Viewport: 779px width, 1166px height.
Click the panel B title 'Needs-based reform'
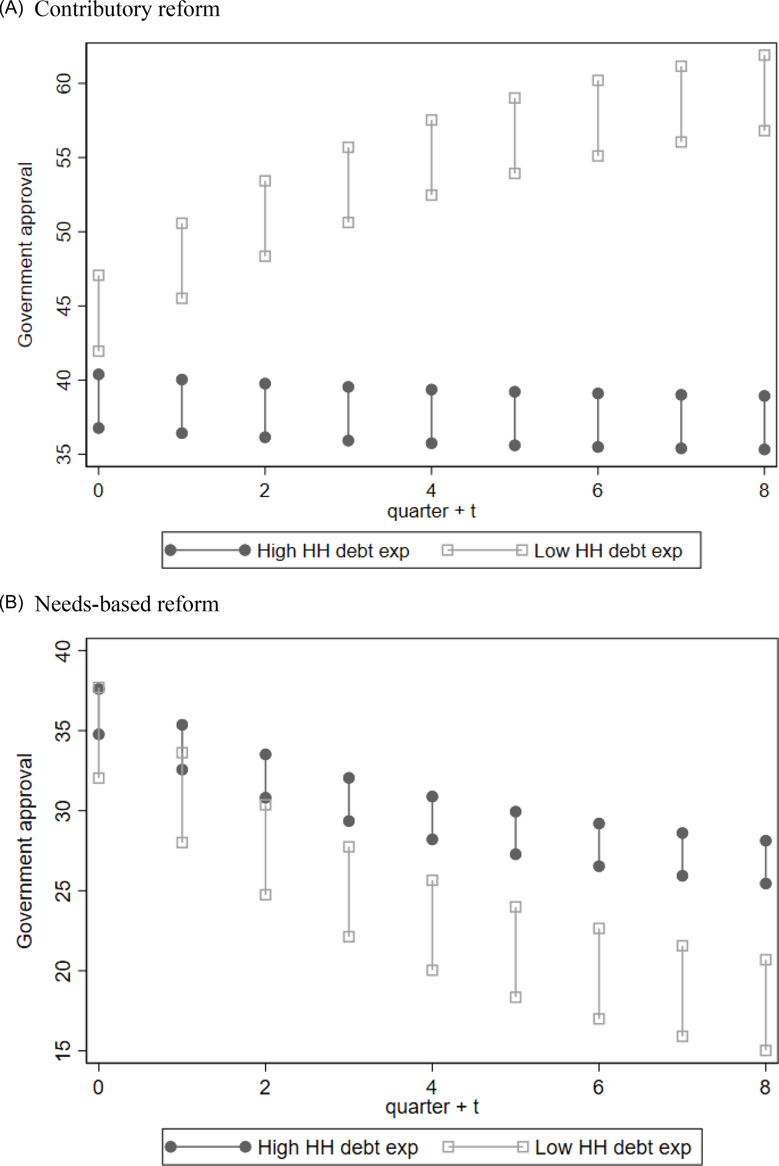coord(127,604)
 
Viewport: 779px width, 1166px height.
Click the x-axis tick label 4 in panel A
coord(431,491)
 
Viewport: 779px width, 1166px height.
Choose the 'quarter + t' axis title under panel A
coord(431,511)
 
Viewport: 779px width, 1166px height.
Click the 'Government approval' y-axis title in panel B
coord(25,851)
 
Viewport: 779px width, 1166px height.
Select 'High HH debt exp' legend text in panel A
coord(333,551)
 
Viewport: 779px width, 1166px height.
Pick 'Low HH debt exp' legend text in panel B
coord(613,1147)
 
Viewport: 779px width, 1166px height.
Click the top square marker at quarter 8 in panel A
coord(764,55)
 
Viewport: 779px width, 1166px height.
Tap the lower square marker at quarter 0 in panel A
coord(99,351)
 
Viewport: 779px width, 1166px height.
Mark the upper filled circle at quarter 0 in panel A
coord(99,375)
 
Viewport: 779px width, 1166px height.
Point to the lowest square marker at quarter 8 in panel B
coord(766,1050)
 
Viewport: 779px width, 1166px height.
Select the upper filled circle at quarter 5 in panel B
coord(516,811)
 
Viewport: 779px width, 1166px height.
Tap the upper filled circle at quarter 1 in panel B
coord(182,725)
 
